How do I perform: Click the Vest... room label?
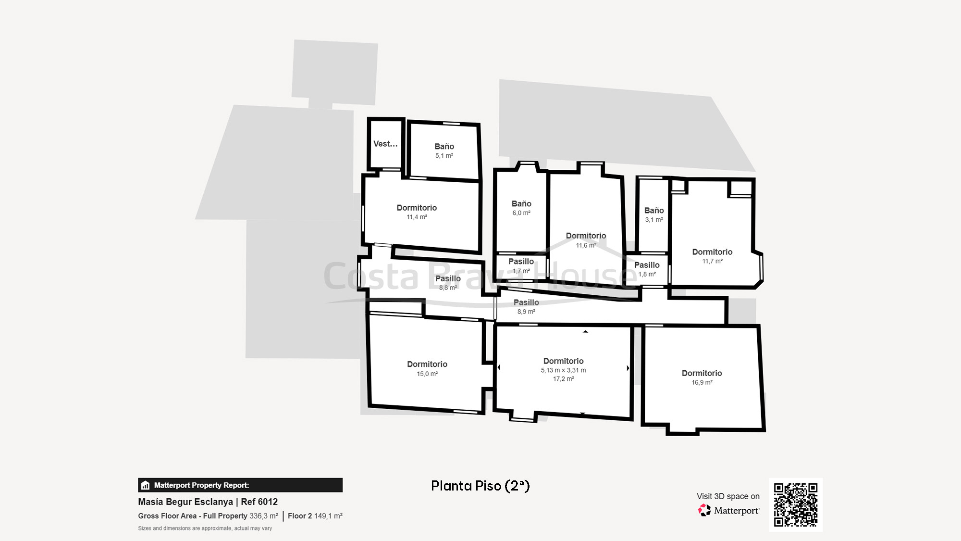click(385, 144)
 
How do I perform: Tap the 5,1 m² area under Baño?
click(444, 156)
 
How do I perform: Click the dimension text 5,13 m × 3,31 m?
click(563, 370)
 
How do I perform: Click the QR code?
click(795, 504)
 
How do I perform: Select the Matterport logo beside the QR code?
click(728, 510)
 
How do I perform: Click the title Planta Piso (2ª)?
click(480, 486)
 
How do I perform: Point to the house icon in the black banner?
click(146, 485)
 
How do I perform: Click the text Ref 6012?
click(259, 502)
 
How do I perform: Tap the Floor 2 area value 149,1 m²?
click(328, 516)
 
